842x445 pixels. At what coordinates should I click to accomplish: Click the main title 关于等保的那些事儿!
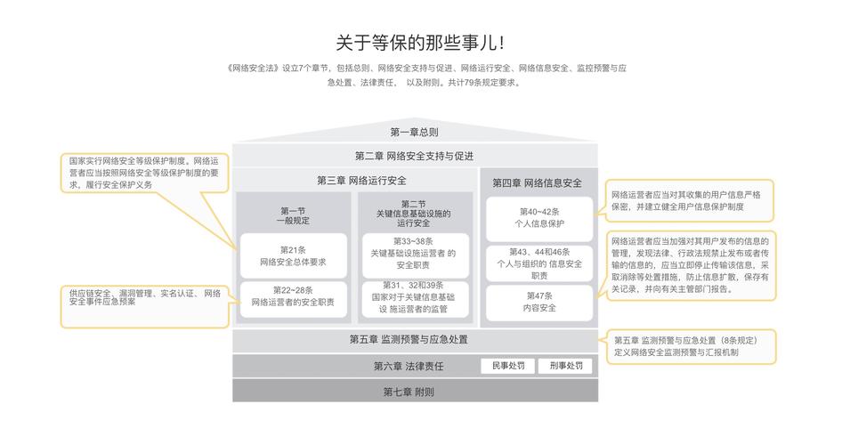tap(420, 42)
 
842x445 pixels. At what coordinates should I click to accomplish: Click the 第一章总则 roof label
tap(414, 132)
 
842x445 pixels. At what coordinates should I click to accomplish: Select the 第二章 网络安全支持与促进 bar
tap(414, 156)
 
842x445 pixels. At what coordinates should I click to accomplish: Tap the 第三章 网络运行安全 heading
tap(355, 180)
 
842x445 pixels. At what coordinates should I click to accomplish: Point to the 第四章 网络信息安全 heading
tap(537, 182)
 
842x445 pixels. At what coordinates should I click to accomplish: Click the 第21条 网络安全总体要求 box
tap(293, 255)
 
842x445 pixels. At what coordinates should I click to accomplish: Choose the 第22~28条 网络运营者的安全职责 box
tap(293, 296)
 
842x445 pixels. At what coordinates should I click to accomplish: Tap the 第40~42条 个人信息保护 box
tap(538, 218)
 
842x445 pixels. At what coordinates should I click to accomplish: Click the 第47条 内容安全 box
tap(538, 302)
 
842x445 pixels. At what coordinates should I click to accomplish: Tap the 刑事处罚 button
tap(566, 366)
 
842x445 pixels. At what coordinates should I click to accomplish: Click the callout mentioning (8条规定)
tap(691, 346)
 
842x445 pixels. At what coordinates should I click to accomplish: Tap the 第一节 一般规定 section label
tap(293, 215)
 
